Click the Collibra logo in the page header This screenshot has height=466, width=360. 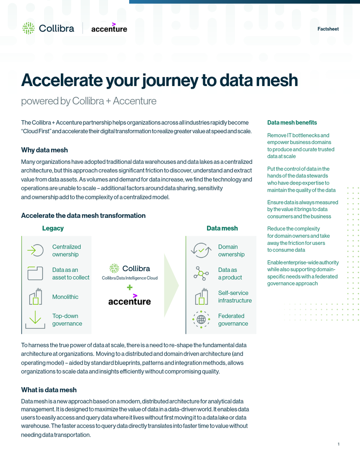(48, 28)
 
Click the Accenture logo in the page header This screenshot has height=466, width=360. (109, 28)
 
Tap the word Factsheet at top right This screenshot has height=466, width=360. (328, 29)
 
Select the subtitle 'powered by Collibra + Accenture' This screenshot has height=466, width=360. (89, 101)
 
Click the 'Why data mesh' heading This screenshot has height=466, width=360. (45, 150)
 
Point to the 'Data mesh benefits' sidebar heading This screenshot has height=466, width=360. (292, 122)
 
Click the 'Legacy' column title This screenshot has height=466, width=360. (53, 228)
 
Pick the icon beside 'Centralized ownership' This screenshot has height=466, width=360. (35, 250)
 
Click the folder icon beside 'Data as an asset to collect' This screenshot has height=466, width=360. (35, 273)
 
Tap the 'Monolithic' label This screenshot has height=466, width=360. (65, 297)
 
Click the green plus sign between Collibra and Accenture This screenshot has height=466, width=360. (130, 287)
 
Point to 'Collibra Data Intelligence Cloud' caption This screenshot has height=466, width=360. (130, 278)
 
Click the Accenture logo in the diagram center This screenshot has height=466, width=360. (130, 300)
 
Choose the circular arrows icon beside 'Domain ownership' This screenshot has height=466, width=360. (201, 250)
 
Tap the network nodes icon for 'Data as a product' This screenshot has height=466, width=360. (201, 273)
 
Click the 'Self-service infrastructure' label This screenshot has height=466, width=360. (235, 297)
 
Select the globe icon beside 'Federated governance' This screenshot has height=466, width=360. (201, 319)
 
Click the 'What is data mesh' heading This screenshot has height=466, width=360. (49, 390)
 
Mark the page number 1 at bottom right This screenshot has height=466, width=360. (338, 444)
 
